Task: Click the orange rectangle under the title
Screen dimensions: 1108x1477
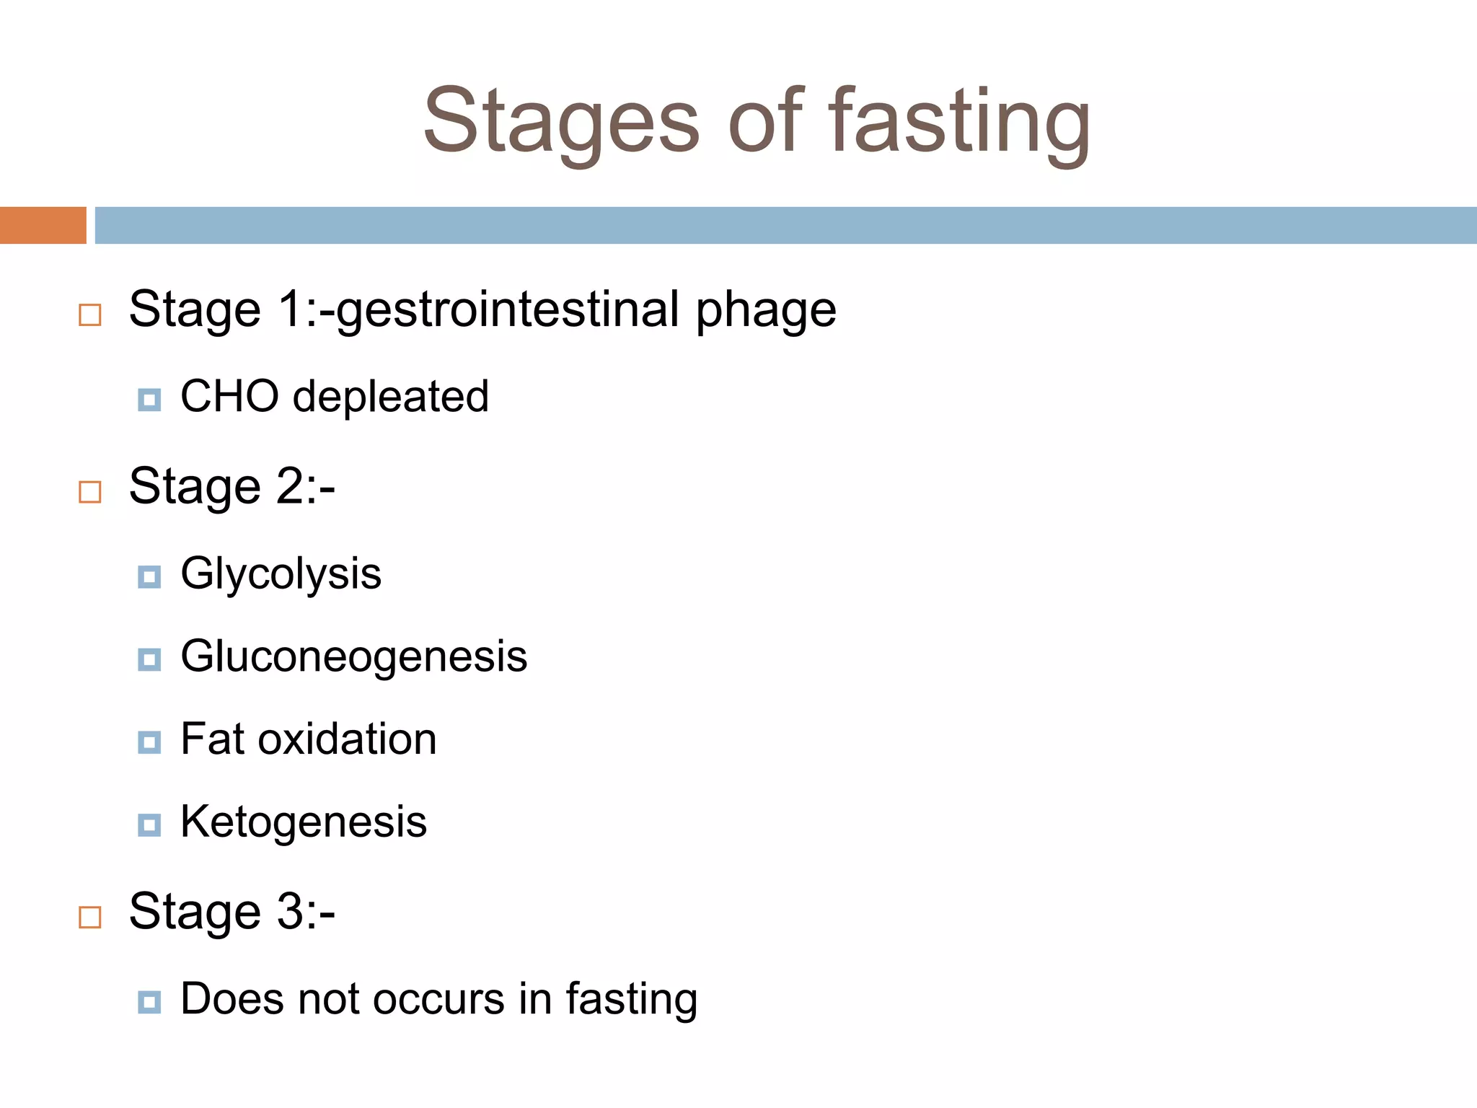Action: (x=43, y=225)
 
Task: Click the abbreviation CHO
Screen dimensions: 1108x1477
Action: (x=229, y=396)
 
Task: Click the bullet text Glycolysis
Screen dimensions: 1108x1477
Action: (x=281, y=574)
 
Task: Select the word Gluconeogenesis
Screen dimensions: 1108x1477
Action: (x=353, y=657)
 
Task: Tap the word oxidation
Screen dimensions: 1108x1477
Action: (x=347, y=739)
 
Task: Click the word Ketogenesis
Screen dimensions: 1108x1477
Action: (x=304, y=822)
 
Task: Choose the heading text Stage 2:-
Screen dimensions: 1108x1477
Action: (x=232, y=487)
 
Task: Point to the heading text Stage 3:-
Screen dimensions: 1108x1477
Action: (x=232, y=912)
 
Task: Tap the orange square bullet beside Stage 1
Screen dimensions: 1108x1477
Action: (x=90, y=315)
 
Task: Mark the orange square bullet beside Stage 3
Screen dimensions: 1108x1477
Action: (x=90, y=918)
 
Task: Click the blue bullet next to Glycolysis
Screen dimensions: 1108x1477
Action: (x=149, y=577)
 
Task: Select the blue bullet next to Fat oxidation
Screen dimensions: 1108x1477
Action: (x=149, y=742)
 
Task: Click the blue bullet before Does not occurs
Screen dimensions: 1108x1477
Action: (x=149, y=1002)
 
